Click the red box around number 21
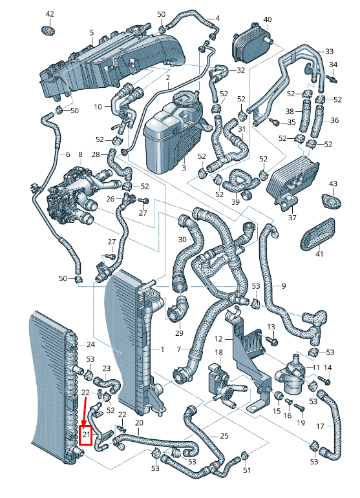pyautogui.click(x=85, y=435)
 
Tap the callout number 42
pyautogui.click(x=50, y=14)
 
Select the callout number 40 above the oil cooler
pyautogui.click(x=268, y=19)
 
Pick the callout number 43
pyautogui.click(x=333, y=183)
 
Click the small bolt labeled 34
pyautogui.click(x=332, y=78)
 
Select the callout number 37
pyautogui.click(x=292, y=218)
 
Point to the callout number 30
pyautogui.click(x=182, y=240)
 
